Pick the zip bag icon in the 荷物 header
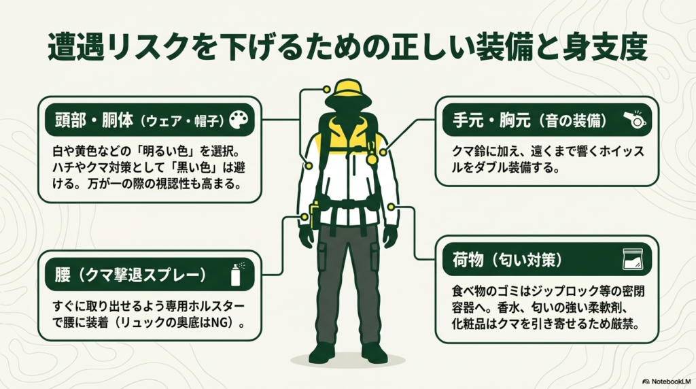coord(633,259)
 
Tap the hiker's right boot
coord(321,352)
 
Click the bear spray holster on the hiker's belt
coord(315,214)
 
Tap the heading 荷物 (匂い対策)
coord(517,259)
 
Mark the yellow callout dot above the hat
coord(327,88)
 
